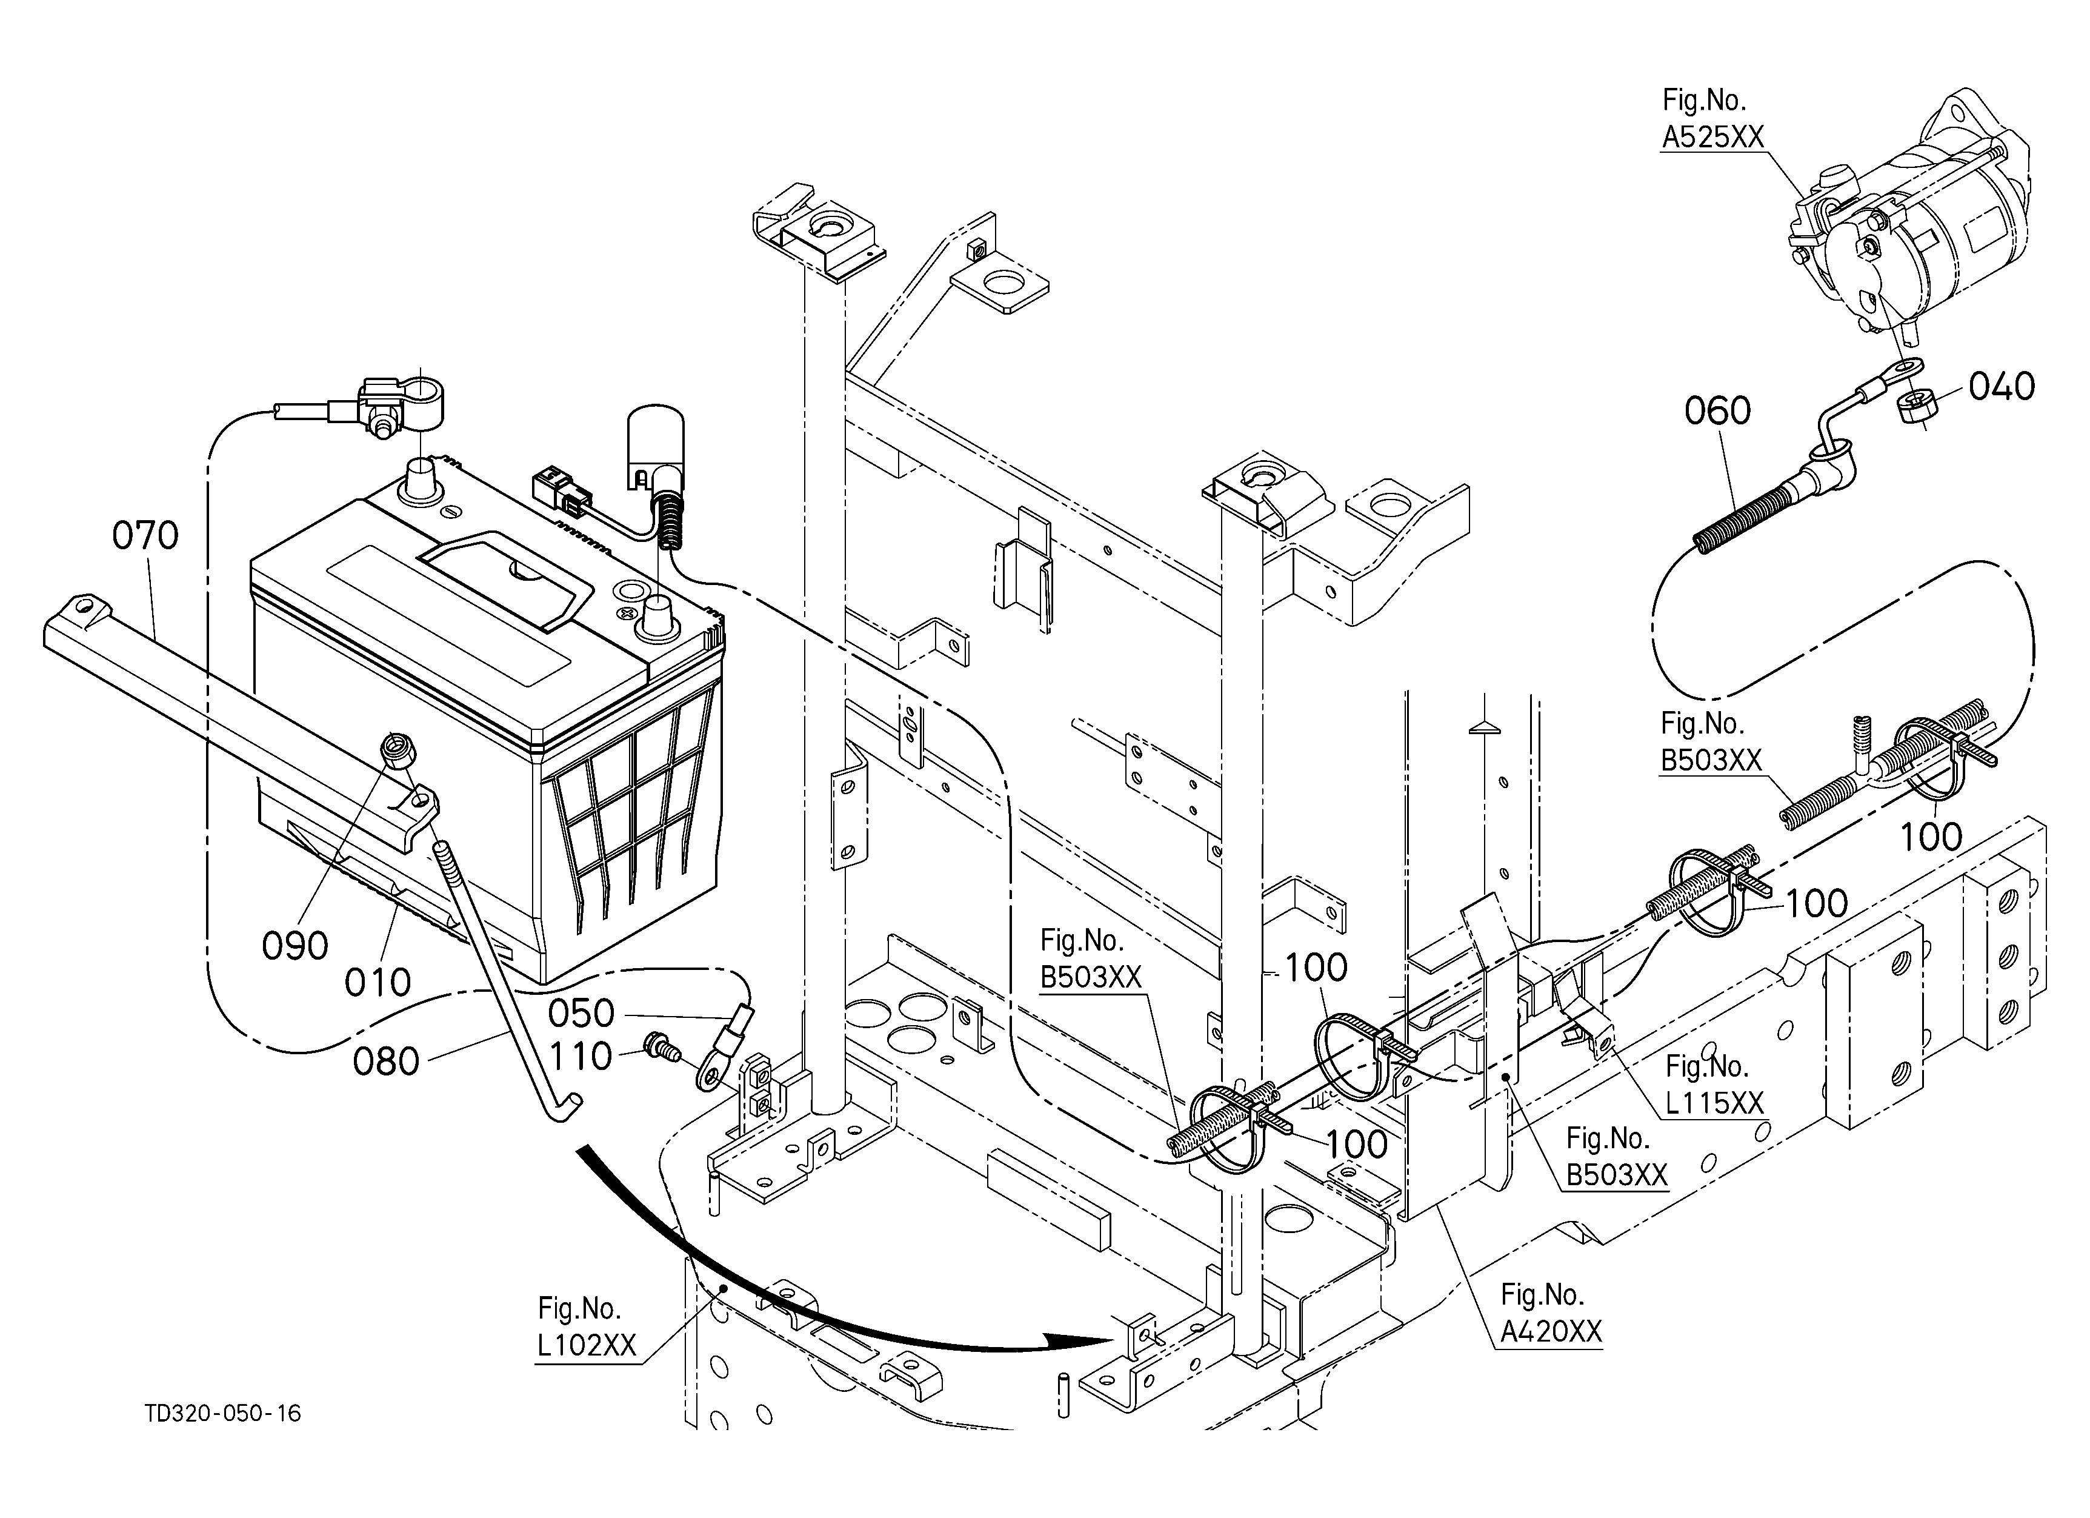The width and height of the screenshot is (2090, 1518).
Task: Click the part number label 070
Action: [145, 535]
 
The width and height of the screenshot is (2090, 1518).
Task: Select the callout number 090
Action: [295, 946]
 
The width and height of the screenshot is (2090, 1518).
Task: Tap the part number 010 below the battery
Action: [378, 983]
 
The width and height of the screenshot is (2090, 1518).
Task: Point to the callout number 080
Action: [386, 1062]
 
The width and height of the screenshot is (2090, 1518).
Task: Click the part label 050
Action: [582, 1014]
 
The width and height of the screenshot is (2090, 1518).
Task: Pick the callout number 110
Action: [582, 1056]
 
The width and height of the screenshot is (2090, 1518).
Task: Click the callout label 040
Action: [2002, 386]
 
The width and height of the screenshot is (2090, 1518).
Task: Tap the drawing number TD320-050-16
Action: [223, 1413]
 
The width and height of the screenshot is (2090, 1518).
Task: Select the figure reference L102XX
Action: [587, 1345]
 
